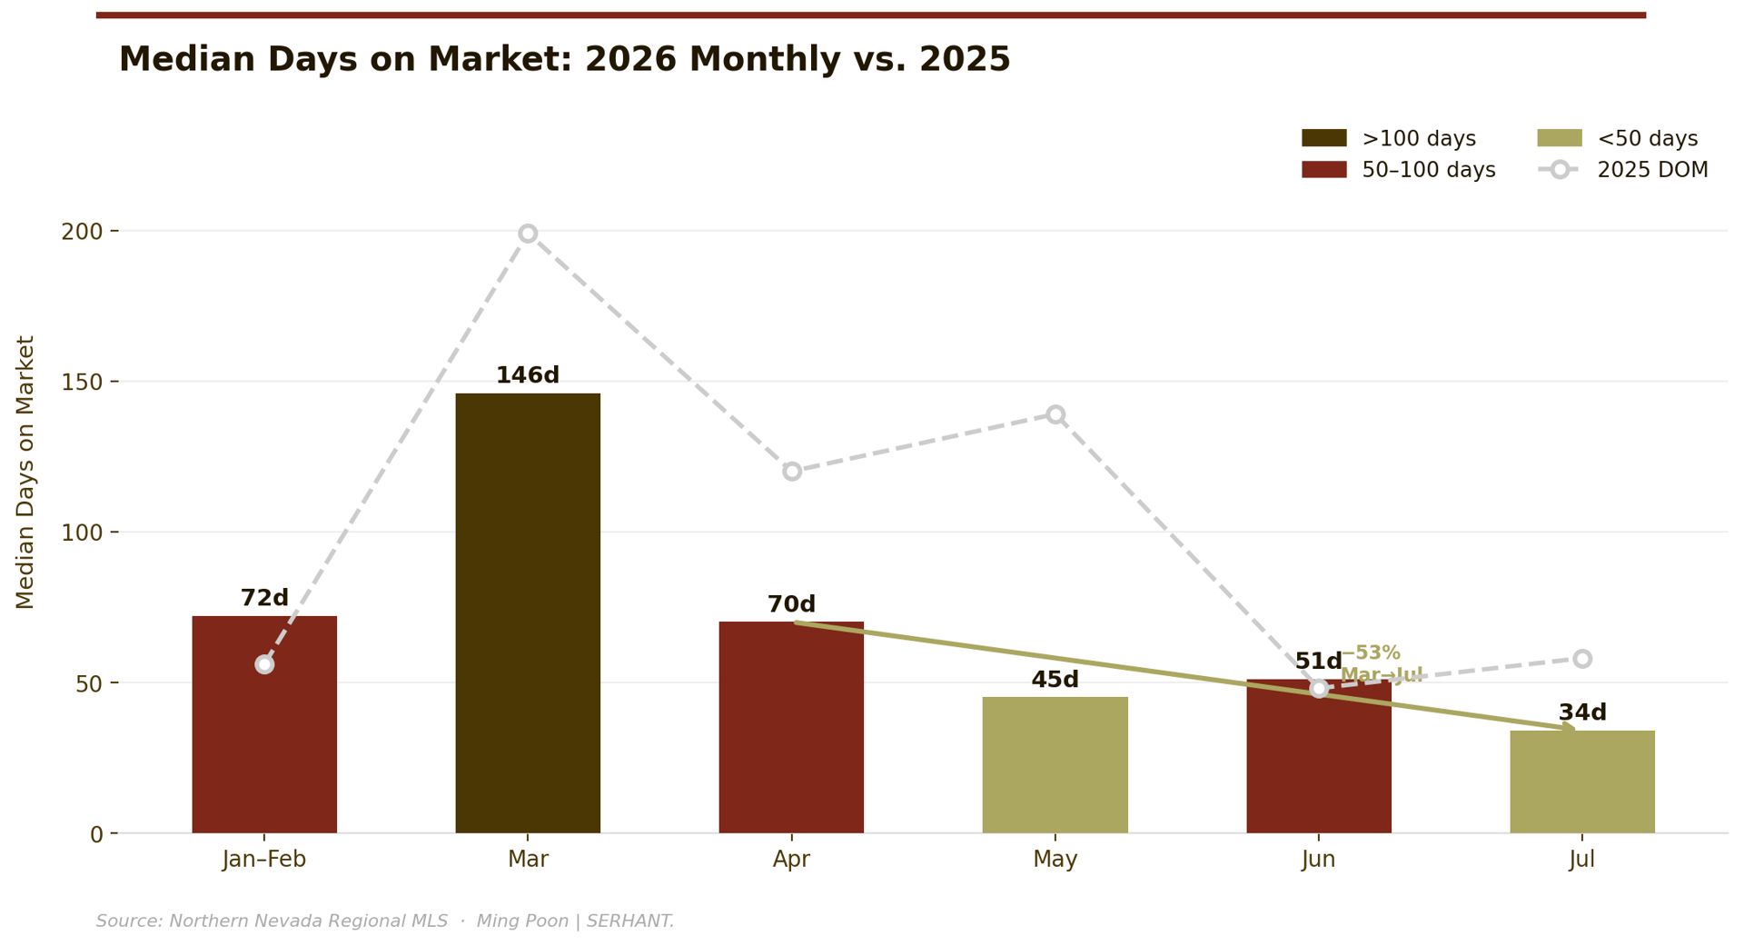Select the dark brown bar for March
coord(528,612)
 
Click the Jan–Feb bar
coord(264,724)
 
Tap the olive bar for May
coord(1055,765)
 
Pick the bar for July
coord(1582,782)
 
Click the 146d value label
coord(528,375)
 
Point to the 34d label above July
coord(1582,712)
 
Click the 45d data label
coord(1055,680)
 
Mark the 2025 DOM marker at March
coord(528,234)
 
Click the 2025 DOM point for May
coord(1055,414)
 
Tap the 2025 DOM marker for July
coord(1582,659)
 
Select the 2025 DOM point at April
coord(792,471)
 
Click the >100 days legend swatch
coord(1324,138)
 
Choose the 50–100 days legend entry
coord(1399,170)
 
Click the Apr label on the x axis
coord(791,860)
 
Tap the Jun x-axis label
coord(1319,860)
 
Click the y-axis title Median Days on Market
coord(25,473)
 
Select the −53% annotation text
coord(1371,653)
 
